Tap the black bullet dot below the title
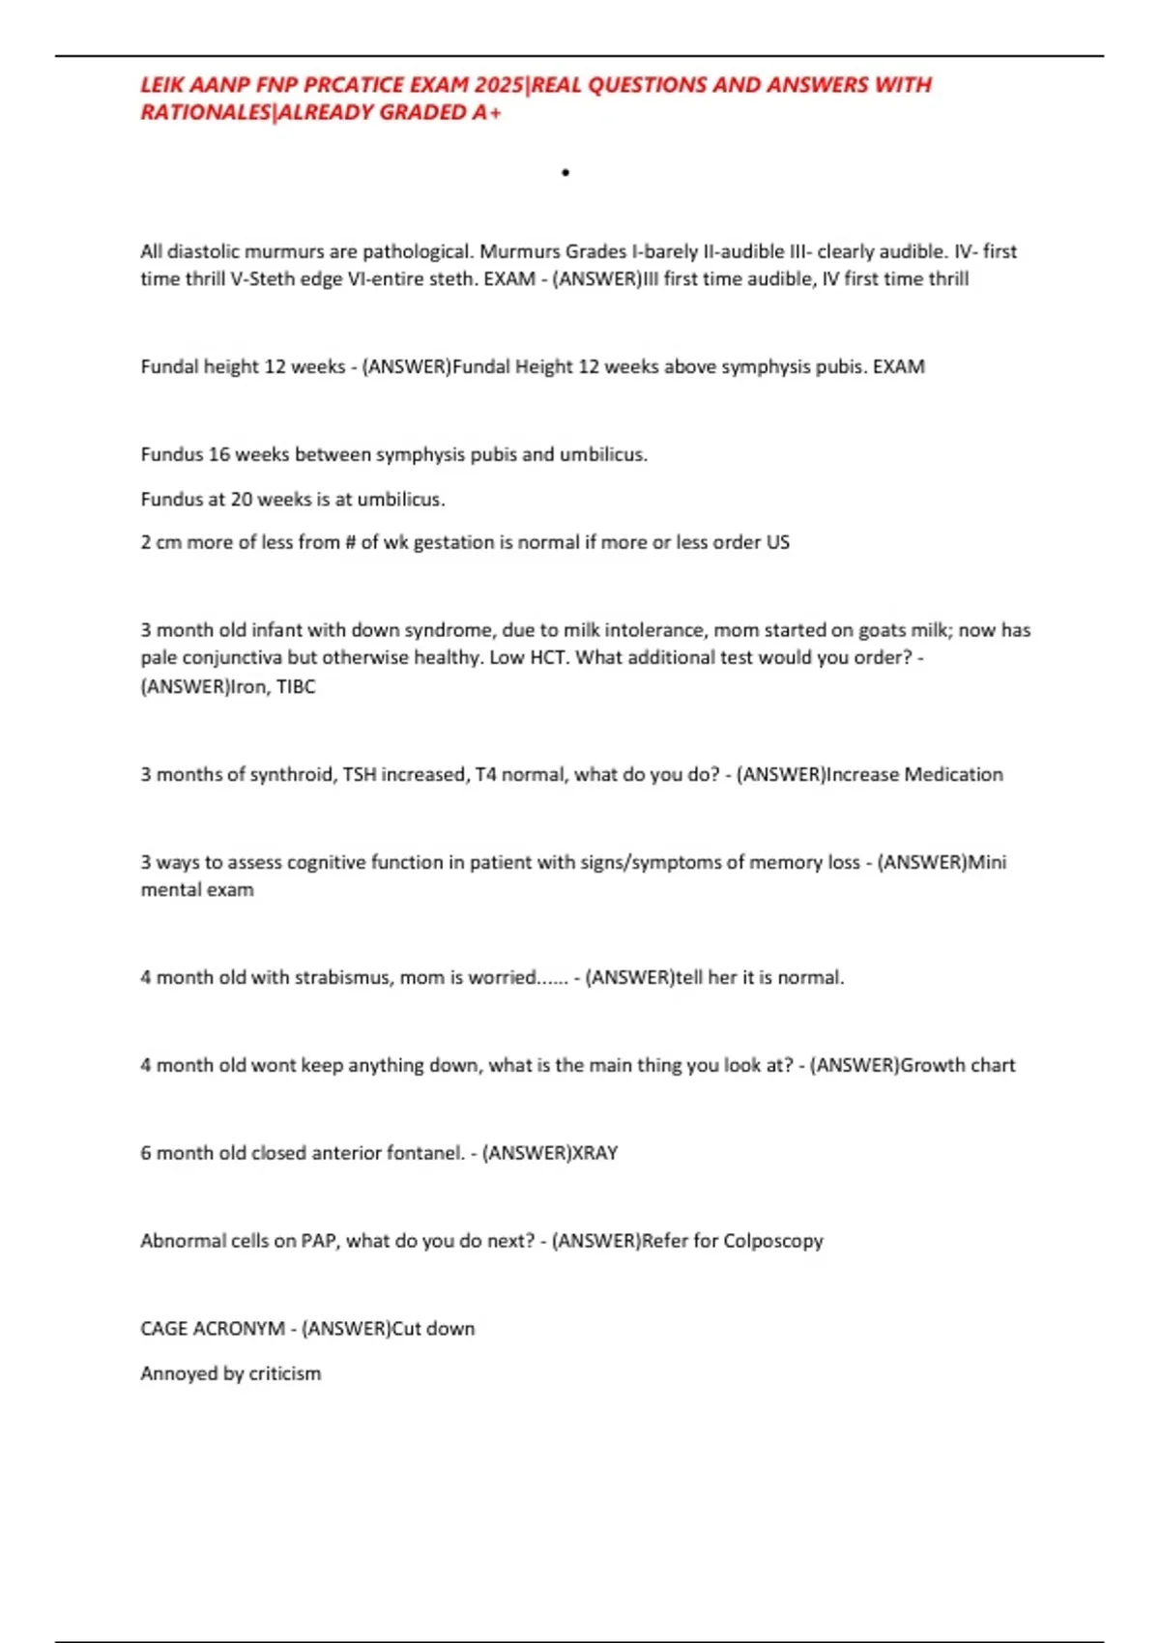pyautogui.click(x=565, y=173)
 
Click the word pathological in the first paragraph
pyautogui.click(x=418, y=251)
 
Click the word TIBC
pyautogui.click(x=296, y=686)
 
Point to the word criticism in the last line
pyautogui.click(x=284, y=1372)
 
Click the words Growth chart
pyautogui.click(x=957, y=1064)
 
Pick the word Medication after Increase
pyautogui.click(x=951, y=774)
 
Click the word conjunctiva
pyautogui.click(x=232, y=657)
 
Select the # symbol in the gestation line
pyautogui.click(x=350, y=542)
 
